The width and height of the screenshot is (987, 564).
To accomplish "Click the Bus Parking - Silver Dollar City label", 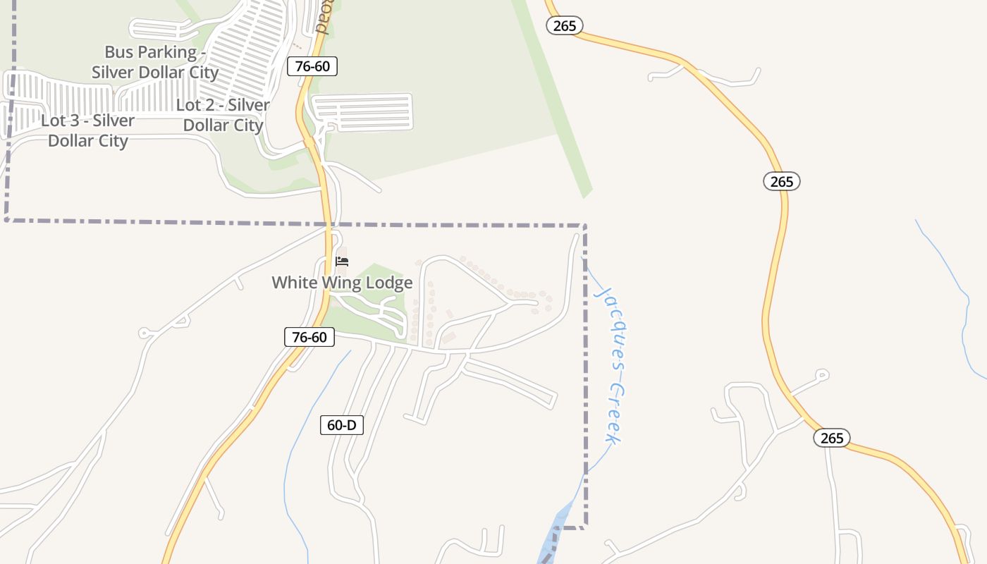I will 155,62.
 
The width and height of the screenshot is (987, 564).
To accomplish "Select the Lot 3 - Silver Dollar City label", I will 87,130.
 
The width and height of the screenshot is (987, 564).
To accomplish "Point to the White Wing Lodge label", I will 342,283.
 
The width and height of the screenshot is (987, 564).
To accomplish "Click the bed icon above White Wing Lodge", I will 343,262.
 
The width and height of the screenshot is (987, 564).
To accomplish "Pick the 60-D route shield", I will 342,425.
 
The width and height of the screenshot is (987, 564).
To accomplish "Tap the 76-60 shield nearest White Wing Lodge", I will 309,337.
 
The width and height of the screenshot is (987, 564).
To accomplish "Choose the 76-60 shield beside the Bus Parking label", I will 312,66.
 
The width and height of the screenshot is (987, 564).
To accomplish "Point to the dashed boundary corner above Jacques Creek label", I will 585,226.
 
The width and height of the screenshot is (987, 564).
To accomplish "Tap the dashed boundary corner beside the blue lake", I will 584,527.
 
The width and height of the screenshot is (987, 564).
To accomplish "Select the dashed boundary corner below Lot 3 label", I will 7,220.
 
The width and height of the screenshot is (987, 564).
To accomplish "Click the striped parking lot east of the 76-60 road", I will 362,113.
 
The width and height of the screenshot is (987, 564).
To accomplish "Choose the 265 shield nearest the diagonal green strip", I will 565,26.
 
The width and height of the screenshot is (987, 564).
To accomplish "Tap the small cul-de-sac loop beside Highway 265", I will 821,374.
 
